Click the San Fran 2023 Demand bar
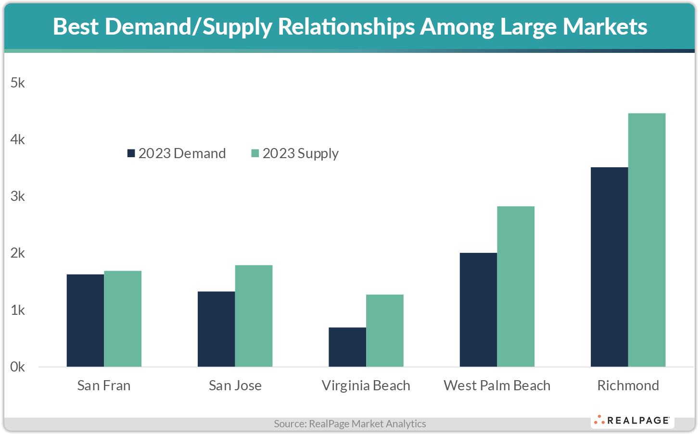pyautogui.click(x=85, y=321)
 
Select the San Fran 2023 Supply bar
pyautogui.click(x=123, y=319)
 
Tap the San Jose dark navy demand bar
pyautogui.click(x=216, y=329)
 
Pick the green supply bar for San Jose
pyautogui.click(x=254, y=316)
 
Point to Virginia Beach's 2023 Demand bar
pyautogui.click(x=347, y=347)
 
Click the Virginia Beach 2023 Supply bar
pyautogui.click(x=384, y=331)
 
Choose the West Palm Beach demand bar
pyautogui.click(x=478, y=310)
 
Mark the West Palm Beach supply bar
pyautogui.click(x=516, y=286)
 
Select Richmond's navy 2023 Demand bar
pyautogui.click(x=609, y=267)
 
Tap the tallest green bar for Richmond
pyautogui.click(x=647, y=240)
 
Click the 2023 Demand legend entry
pyautogui.click(x=177, y=153)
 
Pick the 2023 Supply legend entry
pyautogui.click(x=295, y=153)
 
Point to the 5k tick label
pyautogui.click(x=18, y=83)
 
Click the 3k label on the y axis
pyautogui.click(x=18, y=196)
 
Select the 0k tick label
pyautogui.click(x=18, y=367)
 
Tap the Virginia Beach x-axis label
pyautogui.click(x=366, y=385)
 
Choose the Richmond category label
pyautogui.click(x=628, y=385)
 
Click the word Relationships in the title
pyautogui.click(x=346, y=26)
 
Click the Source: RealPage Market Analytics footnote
pyautogui.click(x=350, y=423)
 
